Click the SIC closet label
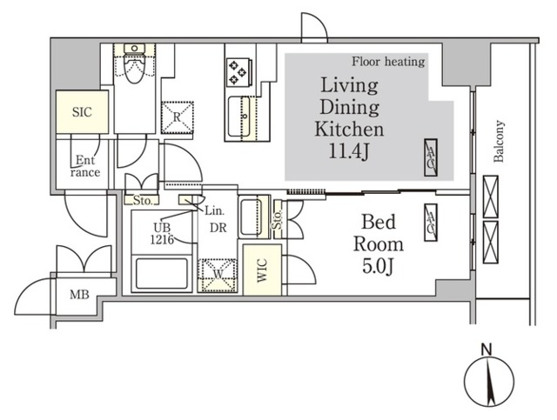82,112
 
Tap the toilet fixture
134,63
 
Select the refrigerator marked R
178,117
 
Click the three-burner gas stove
238,72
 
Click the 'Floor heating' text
388,62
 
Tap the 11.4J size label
350,151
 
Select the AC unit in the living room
431,157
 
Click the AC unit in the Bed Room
431,223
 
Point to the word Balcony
499,141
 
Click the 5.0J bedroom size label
378,266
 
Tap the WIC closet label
262,270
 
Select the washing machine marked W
218,276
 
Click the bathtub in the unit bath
162,273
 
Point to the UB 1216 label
162,234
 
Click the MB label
79,295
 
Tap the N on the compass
487,350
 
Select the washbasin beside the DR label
253,217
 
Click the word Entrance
85,166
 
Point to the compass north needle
490,383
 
